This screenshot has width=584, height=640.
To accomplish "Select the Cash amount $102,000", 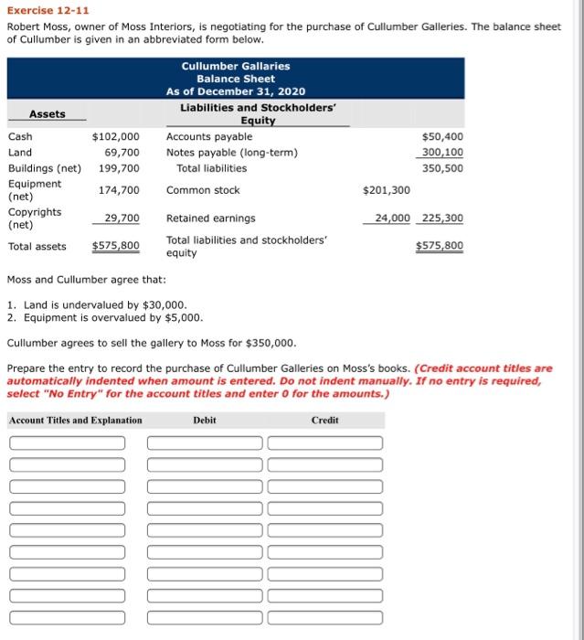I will (x=116, y=136).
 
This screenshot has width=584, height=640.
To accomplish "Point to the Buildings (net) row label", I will (x=44, y=168).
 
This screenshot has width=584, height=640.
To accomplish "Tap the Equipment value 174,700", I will (x=119, y=189).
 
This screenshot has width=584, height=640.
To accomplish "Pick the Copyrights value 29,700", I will (x=122, y=218).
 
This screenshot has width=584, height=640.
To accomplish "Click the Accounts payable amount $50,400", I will (x=442, y=136).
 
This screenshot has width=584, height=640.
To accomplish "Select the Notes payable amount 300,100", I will (x=442, y=152).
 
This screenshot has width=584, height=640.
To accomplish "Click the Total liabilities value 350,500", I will (x=444, y=168).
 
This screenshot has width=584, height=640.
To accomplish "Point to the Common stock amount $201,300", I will (x=387, y=190).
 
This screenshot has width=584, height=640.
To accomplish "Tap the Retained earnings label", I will (x=211, y=219).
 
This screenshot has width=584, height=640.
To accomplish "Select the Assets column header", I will (x=48, y=114).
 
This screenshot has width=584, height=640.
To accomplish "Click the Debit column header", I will (x=205, y=421).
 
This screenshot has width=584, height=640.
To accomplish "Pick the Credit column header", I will (x=324, y=421).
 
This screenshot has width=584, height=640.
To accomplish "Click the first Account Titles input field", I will (x=68, y=443).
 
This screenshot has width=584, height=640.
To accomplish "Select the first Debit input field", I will (x=205, y=443).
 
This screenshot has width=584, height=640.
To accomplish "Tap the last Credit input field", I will (x=324, y=617).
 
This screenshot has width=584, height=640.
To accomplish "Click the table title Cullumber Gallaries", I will (x=236, y=66).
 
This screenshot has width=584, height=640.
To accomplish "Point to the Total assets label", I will (x=37, y=246).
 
